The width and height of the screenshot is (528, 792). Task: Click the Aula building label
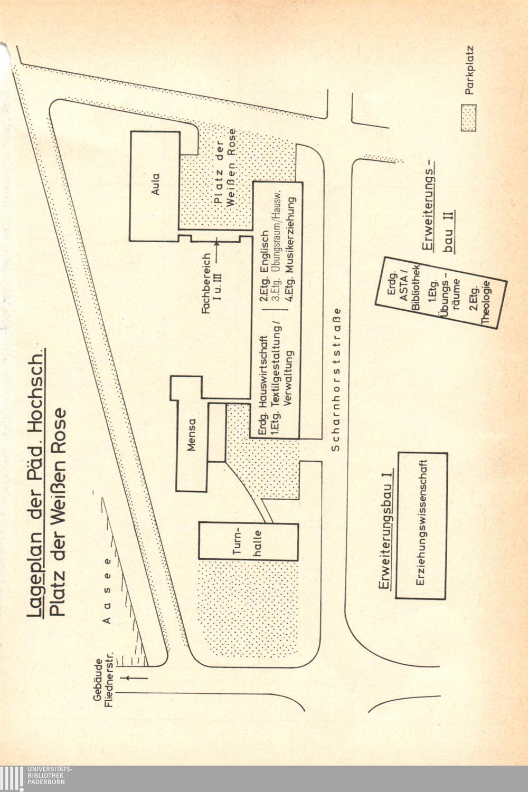(155, 184)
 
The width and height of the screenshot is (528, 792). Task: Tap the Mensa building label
(192, 436)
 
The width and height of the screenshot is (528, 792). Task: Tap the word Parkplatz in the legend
(469, 71)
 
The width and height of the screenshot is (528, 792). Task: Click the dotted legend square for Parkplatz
(468, 118)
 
